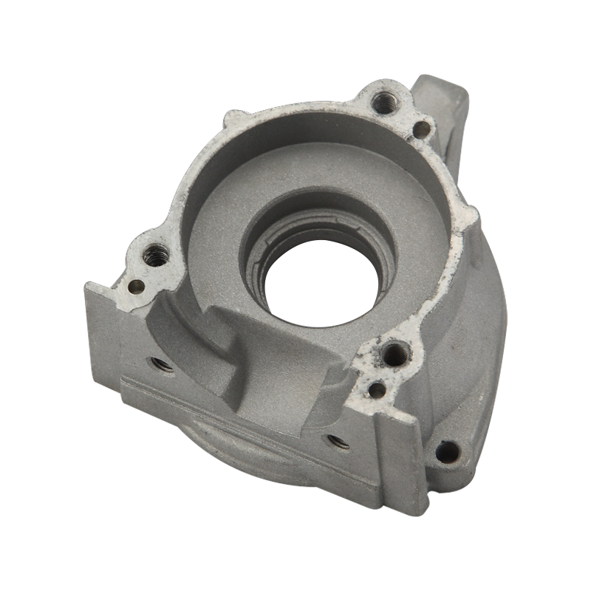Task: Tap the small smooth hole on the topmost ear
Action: click(421, 131)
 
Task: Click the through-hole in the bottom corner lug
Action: click(446, 450)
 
